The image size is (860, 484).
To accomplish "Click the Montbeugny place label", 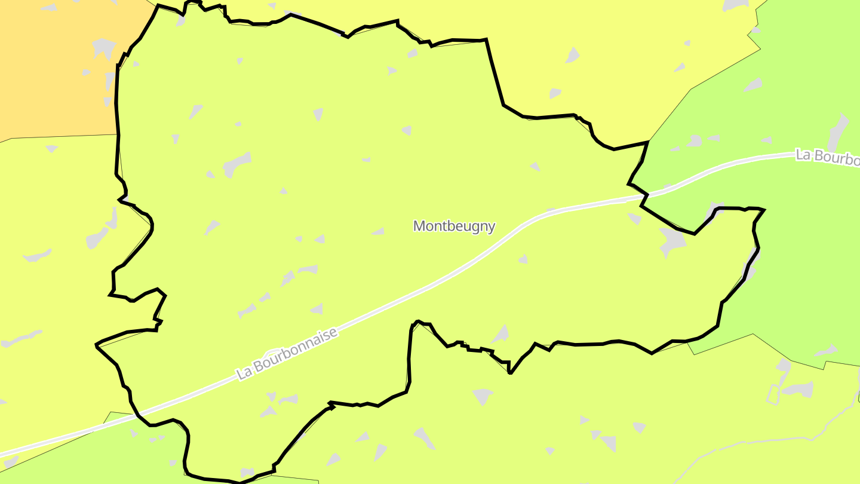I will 454,226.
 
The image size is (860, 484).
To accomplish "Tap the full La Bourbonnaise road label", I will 287,353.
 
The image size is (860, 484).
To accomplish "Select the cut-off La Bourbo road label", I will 827,158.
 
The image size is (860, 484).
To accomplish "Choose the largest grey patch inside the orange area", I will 104,47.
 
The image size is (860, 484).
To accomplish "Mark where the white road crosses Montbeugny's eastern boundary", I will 644,195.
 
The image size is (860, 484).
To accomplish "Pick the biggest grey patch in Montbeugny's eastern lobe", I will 673,242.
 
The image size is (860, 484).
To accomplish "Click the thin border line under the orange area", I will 60,137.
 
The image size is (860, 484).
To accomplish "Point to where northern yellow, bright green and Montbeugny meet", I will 649,142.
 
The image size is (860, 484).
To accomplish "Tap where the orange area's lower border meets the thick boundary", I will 118,135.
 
